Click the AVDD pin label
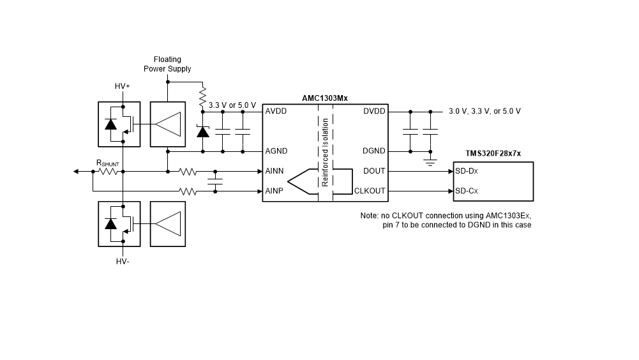(x=276, y=111)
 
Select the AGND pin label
(x=276, y=151)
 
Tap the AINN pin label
(x=274, y=171)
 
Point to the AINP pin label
(x=274, y=191)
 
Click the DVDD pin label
(x=374, y=111)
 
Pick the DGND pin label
(x=373, y=151)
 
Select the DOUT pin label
(x=374, y=171)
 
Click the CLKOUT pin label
(x=370, y=191)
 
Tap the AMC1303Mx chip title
(x=325, y=98)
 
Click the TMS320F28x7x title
(x=493, y=154)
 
